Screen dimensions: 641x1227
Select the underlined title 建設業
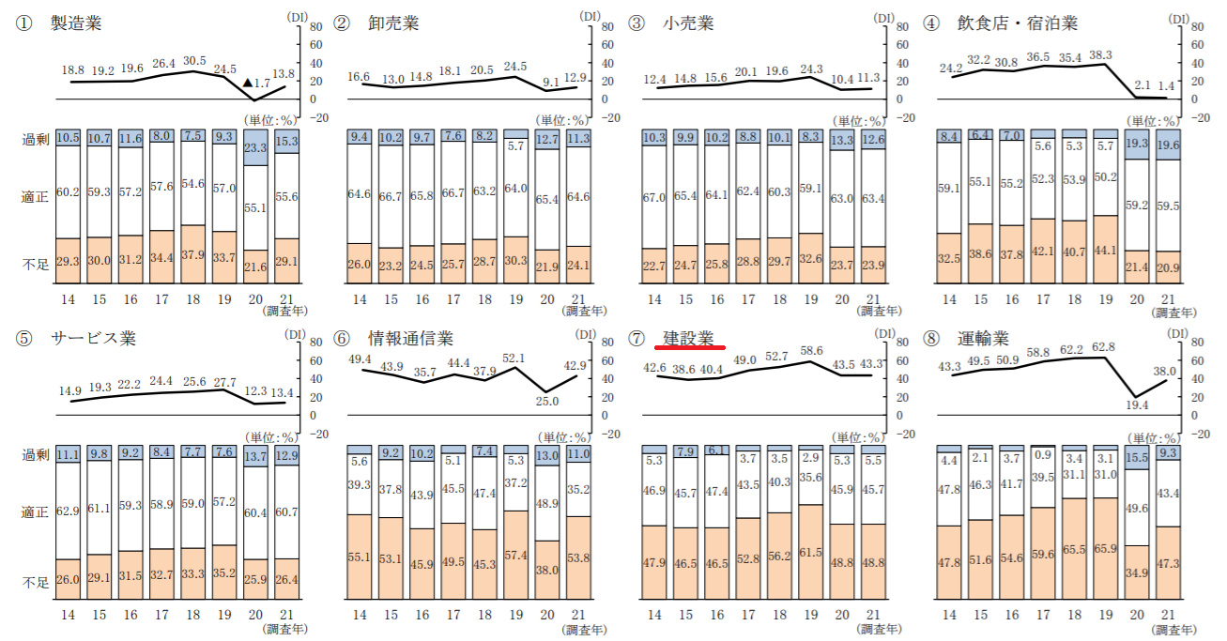(x=688, y=338)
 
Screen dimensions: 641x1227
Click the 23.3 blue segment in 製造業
(x=255, y=147)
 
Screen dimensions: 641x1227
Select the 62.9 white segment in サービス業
(x=69, y=512)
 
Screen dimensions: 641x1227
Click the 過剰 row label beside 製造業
(x=35, y=139)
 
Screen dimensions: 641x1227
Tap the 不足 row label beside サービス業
(x=35, y=583)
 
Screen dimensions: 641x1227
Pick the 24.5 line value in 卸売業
(x=514, y=66)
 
